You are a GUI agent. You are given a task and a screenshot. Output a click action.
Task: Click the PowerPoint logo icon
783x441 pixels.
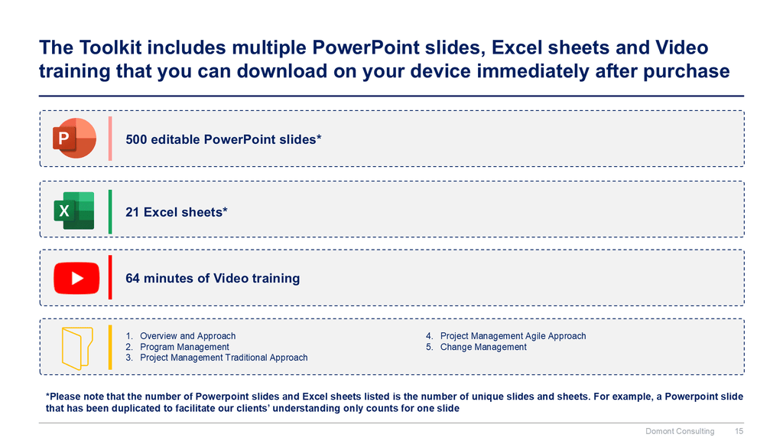(74, 138)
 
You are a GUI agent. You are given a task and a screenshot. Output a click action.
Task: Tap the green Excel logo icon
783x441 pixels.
(74, 211)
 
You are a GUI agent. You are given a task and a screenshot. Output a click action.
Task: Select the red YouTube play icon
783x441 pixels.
(76, 278)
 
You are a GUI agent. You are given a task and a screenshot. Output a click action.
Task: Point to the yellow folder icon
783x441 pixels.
(77, 348)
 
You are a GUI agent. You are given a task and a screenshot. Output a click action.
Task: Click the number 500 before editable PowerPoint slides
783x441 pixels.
(136, 139)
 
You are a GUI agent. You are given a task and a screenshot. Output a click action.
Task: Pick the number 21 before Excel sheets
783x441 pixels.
(132, 212)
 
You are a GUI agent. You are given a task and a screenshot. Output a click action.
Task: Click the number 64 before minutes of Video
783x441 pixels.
(132, 278)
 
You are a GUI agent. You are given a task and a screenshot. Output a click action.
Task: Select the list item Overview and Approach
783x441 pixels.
(188, 336)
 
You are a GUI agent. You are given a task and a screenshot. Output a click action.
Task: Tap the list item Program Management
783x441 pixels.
(184, 347)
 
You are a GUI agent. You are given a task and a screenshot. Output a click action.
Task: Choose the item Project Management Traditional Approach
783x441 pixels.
(224, 358)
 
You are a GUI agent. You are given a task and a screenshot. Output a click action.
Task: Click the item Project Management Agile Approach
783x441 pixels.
(513, 336)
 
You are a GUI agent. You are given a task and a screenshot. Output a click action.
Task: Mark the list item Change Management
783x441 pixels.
(483, 347)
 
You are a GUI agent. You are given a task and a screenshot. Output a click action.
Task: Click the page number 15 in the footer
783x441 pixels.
(739, 431)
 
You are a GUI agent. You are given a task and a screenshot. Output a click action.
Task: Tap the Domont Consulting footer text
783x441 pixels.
(680, 431)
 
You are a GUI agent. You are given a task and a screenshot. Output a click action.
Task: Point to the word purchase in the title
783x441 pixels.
(687, 72)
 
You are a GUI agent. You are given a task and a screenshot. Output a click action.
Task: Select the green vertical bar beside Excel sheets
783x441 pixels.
(110, 211)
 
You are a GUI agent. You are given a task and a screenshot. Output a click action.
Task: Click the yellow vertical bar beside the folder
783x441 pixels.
(110, 348)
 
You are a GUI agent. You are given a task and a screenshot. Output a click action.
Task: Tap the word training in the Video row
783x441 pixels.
(275, 279)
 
